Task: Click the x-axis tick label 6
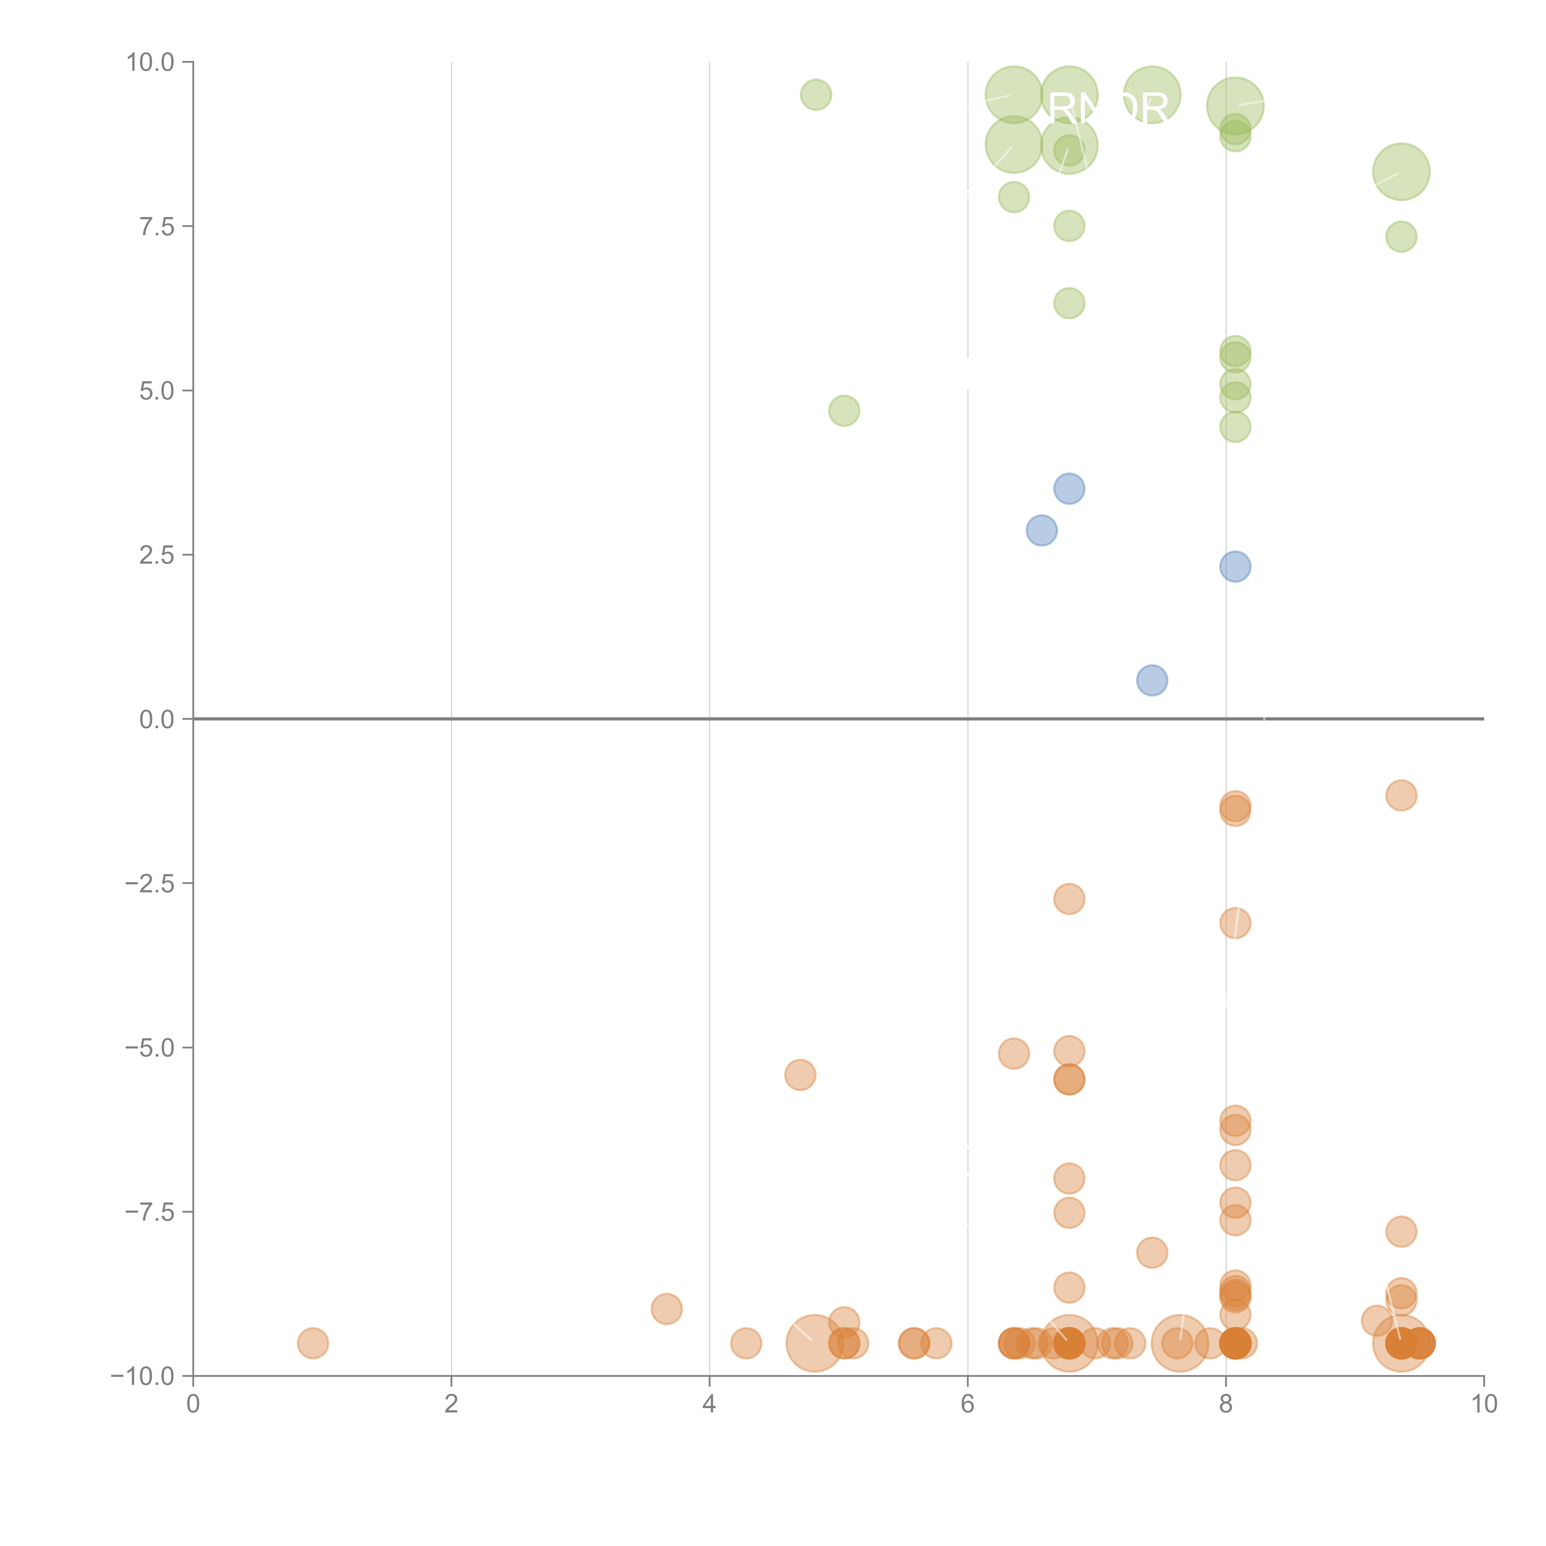(x=967, y=1404)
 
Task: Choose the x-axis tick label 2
(x=451, y=1404)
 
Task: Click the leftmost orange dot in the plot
(x=313, y=1343)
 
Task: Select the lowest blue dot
(x=1151, y=680)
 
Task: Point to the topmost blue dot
(x=1069, y=488)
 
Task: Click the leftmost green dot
(x=815, y=94)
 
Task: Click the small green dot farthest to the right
(x=1400, y=236)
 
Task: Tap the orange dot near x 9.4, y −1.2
(x=1400, y=795)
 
